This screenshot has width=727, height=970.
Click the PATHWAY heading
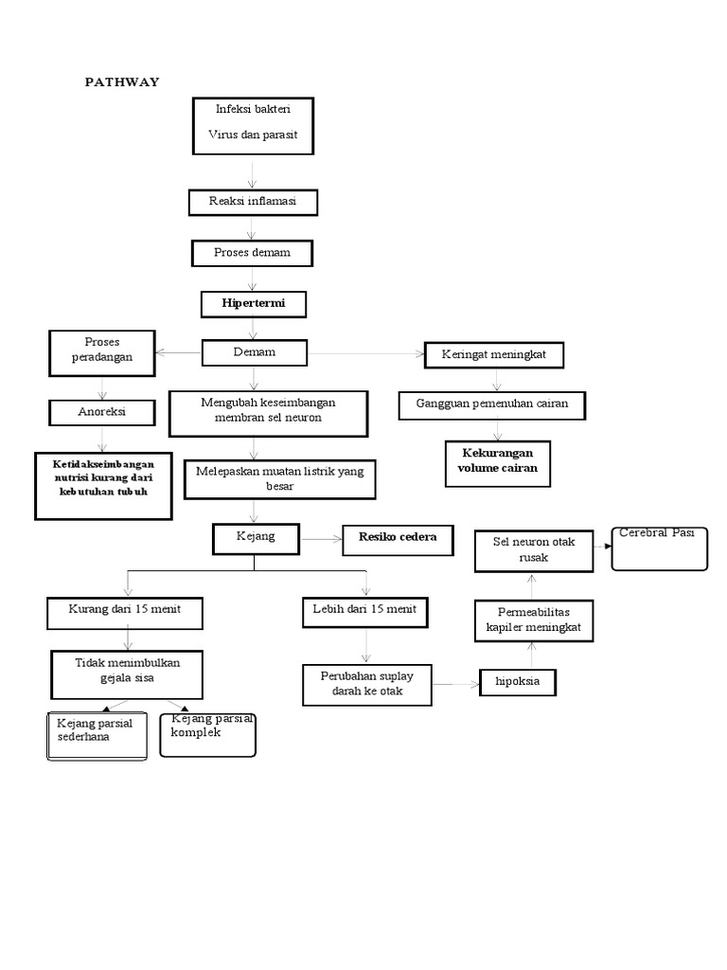(122, 82)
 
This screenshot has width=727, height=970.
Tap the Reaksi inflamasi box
(251, 202)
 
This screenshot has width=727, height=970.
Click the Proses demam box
(252, 253)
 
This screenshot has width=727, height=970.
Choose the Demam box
(255, 352)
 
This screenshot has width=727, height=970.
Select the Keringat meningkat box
(495, 355)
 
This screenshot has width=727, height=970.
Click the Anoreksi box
(102, 412)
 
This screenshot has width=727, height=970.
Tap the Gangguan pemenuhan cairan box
(492, 404)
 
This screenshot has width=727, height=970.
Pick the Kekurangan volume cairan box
(496, 461)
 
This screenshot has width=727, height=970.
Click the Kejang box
(255, 538)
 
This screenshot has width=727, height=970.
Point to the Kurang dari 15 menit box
(126, 611)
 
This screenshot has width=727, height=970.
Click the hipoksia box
(518, 681)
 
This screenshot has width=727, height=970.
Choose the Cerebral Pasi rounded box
(659, 548)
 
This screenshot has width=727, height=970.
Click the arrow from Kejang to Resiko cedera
(322, 539)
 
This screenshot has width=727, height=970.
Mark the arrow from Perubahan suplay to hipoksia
(456, 682)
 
